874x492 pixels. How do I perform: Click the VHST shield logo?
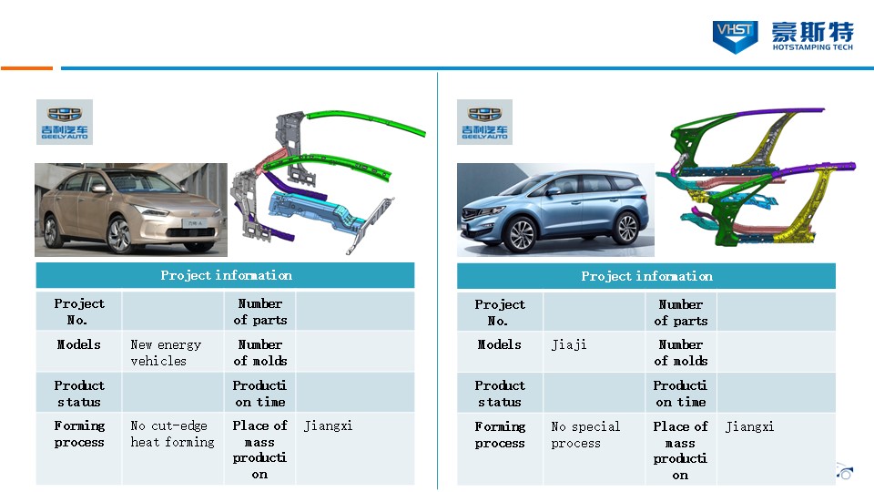(735, 36)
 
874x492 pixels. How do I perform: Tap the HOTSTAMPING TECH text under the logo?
(812, 47)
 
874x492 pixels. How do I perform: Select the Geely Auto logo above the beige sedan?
(65, 122)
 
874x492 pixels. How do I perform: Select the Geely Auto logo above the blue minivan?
(485, 122)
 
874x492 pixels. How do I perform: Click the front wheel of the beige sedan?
(119, 235)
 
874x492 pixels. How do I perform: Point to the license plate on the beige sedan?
(194, 223)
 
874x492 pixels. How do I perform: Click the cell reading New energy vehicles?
(166, 353)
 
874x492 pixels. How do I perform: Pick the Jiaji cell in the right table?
(568, 344)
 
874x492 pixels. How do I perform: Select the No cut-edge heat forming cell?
(172, 434)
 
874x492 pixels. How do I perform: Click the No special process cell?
(585, 435)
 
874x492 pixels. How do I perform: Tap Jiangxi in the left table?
(328, 426)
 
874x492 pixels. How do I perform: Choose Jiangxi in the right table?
(749, 427)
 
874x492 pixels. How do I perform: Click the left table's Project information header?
(226, 275)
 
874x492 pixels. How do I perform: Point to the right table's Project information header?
(646, 276)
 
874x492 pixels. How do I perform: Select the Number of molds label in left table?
(259, 353)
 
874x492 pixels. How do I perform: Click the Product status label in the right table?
(500, 394)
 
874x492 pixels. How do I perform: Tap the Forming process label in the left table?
(79, 434)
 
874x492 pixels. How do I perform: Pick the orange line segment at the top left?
(26, 68)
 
